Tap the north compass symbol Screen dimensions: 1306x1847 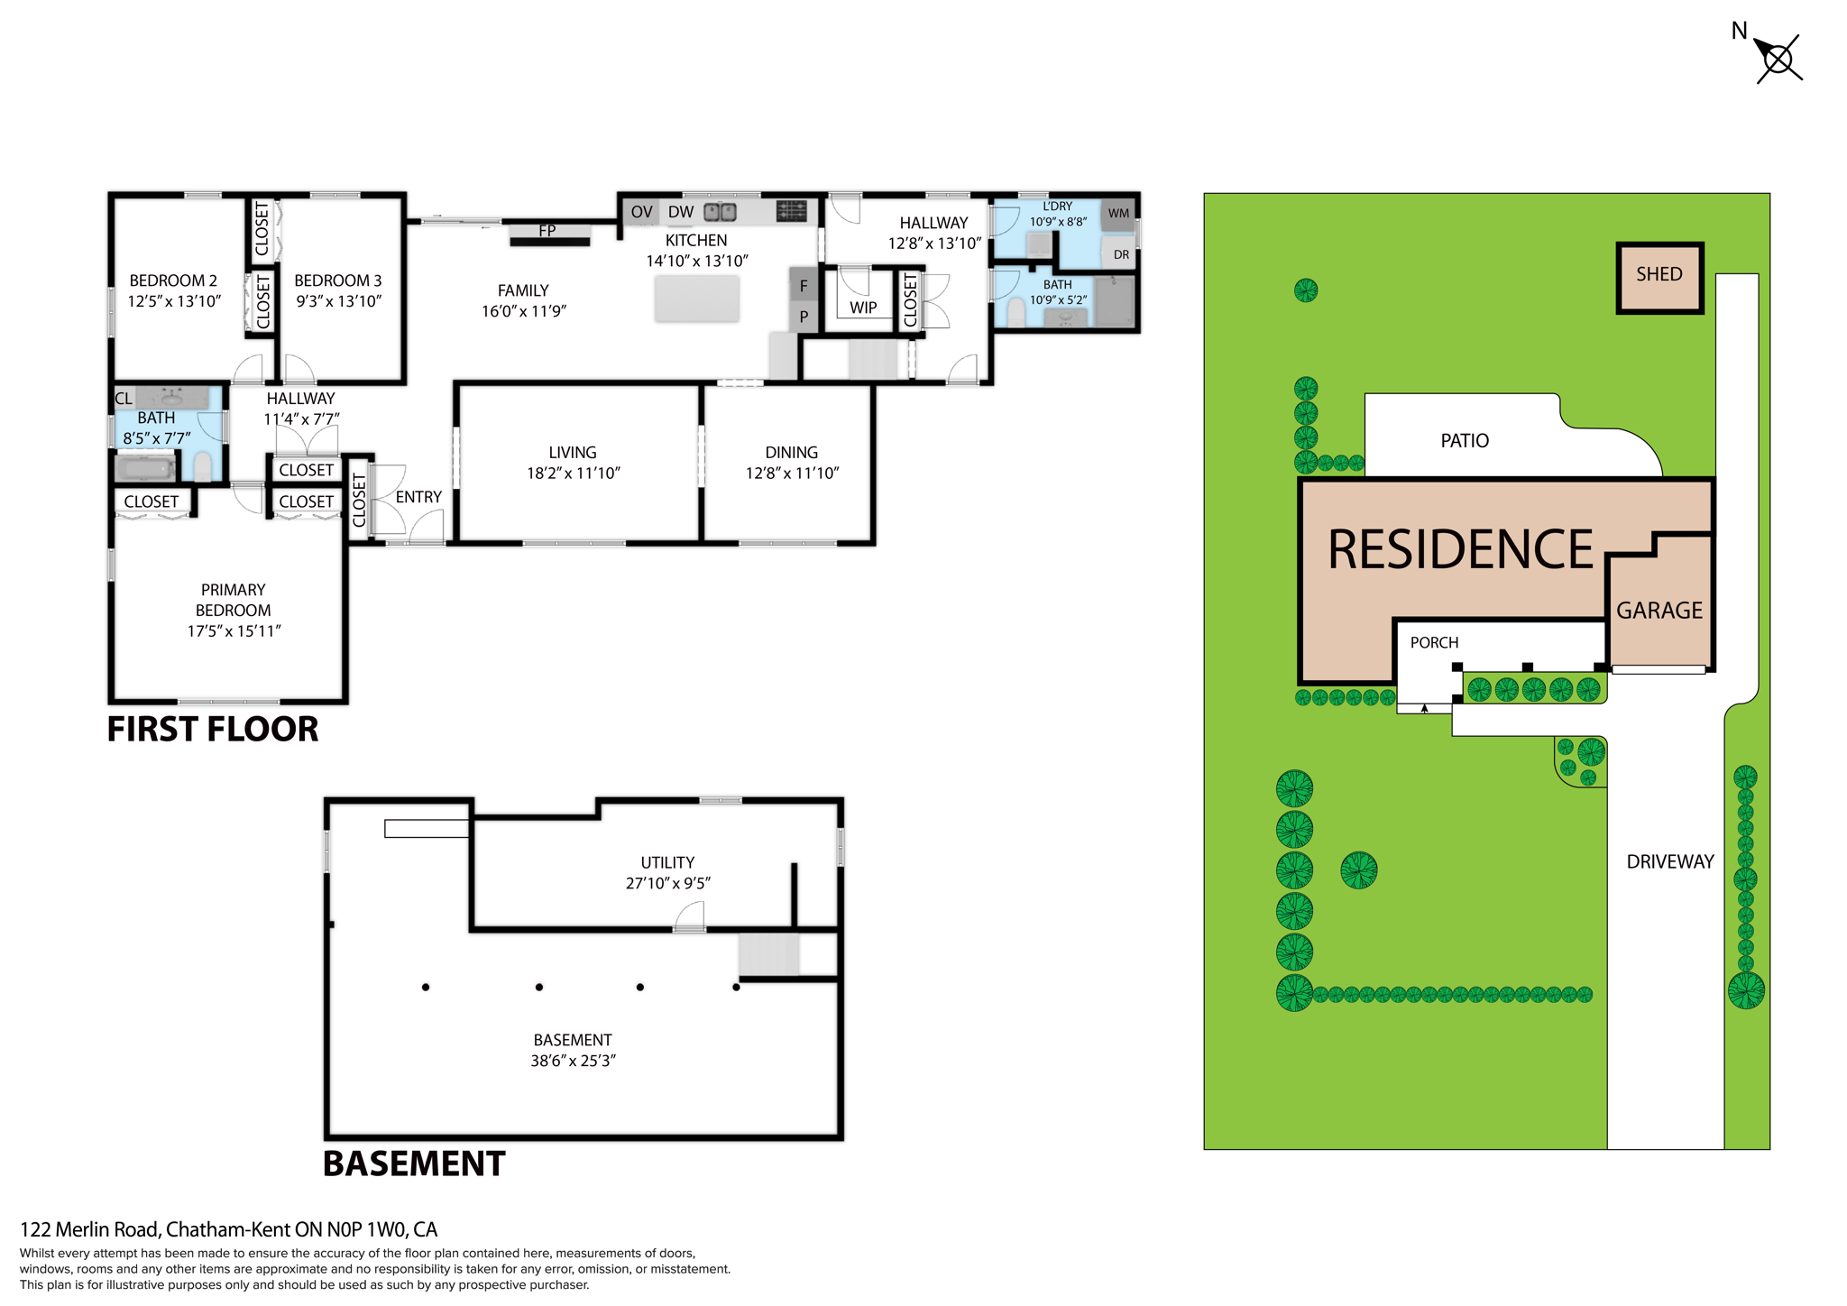tap(1778, 60)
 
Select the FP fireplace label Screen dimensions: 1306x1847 tap(547, 231)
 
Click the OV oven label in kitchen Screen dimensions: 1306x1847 tap(641, 212)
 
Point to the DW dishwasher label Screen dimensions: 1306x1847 tap(680, 212)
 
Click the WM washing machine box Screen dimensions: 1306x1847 tap(1118, 214)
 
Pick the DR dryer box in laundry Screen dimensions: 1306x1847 tap(1120, 254)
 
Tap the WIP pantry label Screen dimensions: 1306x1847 tap(862, 308)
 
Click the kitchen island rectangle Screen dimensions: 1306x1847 tap(696, 299)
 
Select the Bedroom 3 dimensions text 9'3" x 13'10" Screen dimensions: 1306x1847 tap(338, 301)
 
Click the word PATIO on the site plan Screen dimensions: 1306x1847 tap(1464, 441)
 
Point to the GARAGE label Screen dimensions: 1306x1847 tap(1659, 611)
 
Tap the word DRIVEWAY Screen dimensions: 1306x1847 tap(1669, 861)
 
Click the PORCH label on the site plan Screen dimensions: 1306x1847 tap(1434, 642)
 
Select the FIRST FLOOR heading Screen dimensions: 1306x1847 tap(213, 729)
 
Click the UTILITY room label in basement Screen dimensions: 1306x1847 tap(667, 862)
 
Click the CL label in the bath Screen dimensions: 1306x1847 tap(124, 399)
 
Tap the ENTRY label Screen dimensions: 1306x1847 tap(418, 497)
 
